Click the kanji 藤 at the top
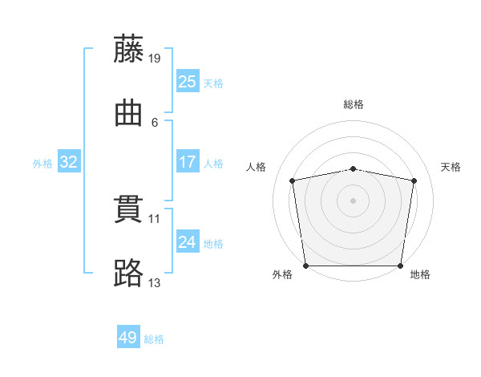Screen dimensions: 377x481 (129, 49)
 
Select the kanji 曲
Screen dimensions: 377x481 (129, 113)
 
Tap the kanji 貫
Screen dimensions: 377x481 (129, 210)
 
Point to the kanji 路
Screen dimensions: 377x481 (129, 274)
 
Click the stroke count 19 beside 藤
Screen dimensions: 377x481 (156, 59)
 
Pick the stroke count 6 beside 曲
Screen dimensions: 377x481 (155, 122)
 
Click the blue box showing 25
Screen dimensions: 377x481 (187, 82)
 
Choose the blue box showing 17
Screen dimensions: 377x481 (187, 162)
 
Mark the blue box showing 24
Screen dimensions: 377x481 (187, 242)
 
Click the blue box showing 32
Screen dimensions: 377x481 (69, 162)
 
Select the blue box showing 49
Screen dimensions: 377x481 (128, 338)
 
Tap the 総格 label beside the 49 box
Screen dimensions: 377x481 (155, 339)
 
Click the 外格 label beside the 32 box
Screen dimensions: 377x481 (42, 164)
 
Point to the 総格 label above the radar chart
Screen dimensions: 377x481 (354, 104)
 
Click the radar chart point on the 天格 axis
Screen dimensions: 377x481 (414, 180)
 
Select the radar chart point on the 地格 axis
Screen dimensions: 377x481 (400, 266)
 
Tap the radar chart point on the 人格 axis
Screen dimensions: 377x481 (293, 180)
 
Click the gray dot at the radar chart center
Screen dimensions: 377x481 (354, 201)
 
